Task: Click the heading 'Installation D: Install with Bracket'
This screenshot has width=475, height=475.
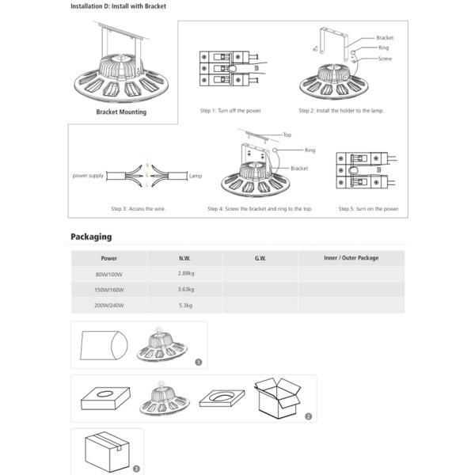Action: tap(118, 6)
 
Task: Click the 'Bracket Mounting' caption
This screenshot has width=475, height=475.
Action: tap(120, 112)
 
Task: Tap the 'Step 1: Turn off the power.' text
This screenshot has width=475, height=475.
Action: tap(230, 110)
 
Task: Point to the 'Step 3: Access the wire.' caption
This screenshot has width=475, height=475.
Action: tap(138, 209)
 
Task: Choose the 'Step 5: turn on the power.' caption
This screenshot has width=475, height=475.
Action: tap(368, 209)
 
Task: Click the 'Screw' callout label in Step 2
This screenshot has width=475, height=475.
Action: tap(384, 59)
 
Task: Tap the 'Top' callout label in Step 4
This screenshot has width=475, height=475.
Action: tap(287, 135)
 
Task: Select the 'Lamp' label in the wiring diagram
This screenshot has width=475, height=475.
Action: tap(197, 173)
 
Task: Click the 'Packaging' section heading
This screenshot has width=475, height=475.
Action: tap(91, 237)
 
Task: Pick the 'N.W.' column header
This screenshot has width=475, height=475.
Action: tap(184, 258)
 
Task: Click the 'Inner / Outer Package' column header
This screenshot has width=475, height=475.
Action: tap(351, 258)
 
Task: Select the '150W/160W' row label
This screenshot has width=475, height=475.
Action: tap(108, 290)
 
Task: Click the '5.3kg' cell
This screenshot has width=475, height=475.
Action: tap(184, 305)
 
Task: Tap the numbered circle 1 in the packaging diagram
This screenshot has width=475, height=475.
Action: tap(198, 362)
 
